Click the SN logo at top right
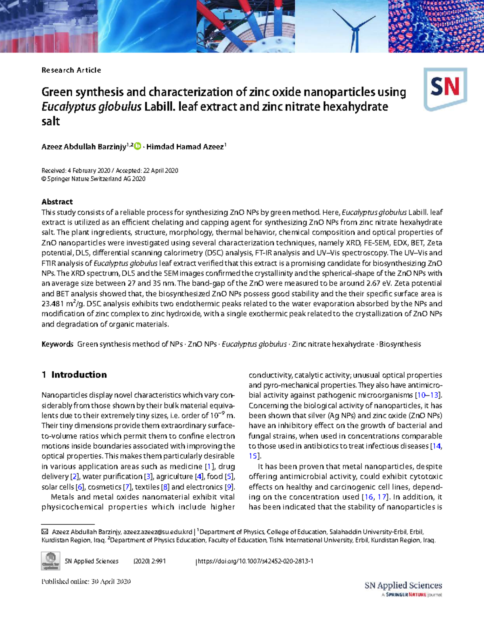[445, 89]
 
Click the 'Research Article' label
[71, 70]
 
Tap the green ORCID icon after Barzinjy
[138, 146]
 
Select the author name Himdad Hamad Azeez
[185, 147]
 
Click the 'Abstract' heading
[57, 202]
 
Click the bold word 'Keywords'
[57, 344]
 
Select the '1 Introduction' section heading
[74, 375]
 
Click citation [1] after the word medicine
[209, 467]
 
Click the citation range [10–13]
[428, 395]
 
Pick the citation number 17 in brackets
[381, 497]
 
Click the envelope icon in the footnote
[45, 532]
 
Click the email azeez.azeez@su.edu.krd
[158, 532]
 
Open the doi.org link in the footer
[255, 561]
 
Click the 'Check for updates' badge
[50, 561]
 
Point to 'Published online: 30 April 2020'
[86, 582]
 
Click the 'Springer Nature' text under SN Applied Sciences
[406, 595]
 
